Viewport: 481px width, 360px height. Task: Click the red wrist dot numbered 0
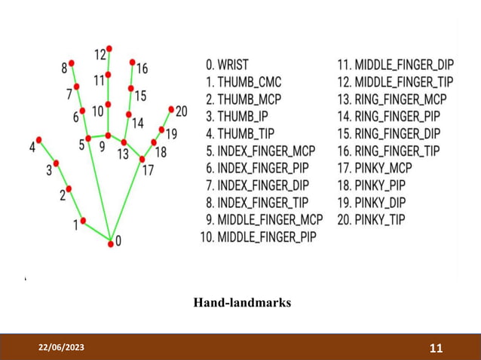[111, 242]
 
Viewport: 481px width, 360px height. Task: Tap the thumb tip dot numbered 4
[39, 139]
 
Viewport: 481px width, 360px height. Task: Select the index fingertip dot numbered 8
[72, 63]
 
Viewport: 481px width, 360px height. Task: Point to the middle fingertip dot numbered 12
[109, 48]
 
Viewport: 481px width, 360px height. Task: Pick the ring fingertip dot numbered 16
[133, 62]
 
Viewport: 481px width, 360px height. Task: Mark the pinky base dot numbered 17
[142, 159]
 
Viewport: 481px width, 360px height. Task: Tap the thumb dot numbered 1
[83, 220]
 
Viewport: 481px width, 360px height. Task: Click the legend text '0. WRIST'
[227, 65]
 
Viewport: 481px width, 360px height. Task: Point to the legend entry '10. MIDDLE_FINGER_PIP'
[261, 238]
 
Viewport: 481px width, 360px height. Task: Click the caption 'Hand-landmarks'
[242, 303]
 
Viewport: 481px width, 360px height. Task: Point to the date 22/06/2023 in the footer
[63, 347]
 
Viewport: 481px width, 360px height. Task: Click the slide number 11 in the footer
[436, 348]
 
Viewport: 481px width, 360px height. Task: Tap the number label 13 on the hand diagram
[123, 154]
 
